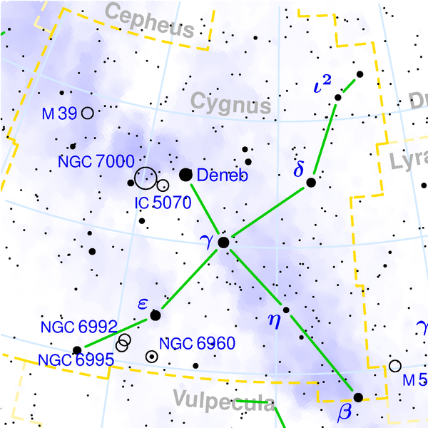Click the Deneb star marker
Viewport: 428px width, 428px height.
coord(186,174)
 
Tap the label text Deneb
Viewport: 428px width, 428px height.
coord(222,175)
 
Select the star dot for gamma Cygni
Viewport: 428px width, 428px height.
coord(223,243)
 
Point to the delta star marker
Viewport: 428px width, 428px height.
coord(311,183)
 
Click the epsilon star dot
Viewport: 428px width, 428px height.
coord(156,315)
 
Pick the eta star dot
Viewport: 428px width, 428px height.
coord(286,310)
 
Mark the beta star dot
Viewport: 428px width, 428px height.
coord(358,397)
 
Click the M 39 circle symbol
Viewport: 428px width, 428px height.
coord(87,113)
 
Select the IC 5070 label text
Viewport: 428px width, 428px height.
coord(163,203)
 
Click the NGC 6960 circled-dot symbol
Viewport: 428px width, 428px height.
coord(152,356)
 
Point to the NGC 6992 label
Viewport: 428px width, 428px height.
coord(78,327)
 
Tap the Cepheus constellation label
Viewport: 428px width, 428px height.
coord(149,21)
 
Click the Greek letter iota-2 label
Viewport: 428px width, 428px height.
coord(322,88)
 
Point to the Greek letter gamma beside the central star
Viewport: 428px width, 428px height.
coord(208,245)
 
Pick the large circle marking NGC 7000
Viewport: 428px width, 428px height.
coord(146,178)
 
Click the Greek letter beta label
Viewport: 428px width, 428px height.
coord(346,413)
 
